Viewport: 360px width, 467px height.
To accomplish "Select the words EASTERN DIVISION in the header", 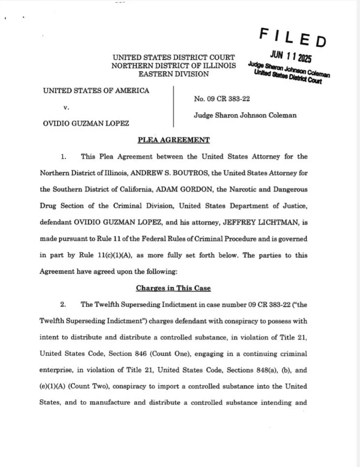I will [174, 74].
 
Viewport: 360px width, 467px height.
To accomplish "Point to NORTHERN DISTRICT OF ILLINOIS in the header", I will [174, 65].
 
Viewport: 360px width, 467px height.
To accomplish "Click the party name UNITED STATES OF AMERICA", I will [96, 90].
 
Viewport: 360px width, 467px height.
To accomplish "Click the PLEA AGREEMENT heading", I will [174, 140].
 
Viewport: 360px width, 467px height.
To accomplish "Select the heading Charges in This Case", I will [174, 288].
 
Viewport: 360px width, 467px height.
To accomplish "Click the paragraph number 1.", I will [63, 157].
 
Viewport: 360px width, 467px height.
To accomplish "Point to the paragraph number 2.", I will [63, 305].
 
